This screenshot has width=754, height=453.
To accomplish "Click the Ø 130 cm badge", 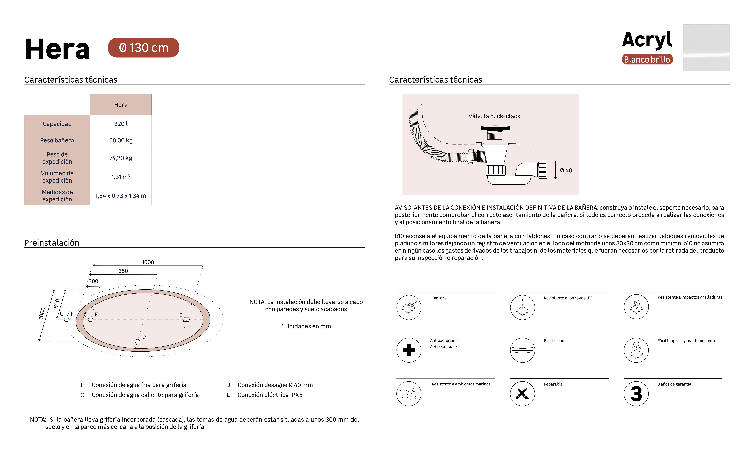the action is (143, 48).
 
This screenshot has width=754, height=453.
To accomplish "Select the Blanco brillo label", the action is (647, 59).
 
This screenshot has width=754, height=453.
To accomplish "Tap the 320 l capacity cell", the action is (121, 124).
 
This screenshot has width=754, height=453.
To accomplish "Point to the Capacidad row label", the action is (57, 124).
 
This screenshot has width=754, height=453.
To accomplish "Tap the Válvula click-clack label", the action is (494, 116).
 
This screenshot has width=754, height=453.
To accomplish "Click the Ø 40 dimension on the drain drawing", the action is (566, 170).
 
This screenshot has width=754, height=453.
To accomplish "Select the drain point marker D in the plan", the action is (137, 341).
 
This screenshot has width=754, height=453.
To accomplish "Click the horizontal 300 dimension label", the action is (93, 281).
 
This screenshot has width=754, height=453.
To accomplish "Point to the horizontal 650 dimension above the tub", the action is (123, 271).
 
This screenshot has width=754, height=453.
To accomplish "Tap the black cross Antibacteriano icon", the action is (409, 350).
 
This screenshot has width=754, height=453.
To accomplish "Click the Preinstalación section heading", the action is (52, 243).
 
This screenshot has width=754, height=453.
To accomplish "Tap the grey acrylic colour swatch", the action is (706, 48).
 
